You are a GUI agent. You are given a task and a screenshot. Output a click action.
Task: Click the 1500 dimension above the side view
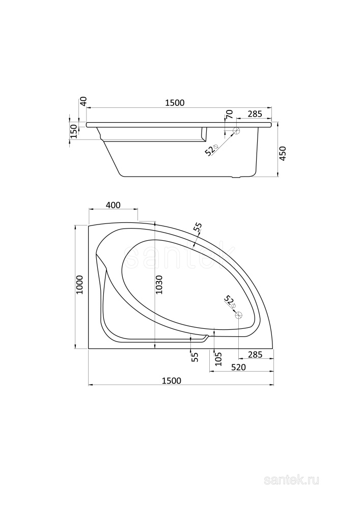[x=174, y=103]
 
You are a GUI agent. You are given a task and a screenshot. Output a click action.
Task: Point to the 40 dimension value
[x=84, y=101]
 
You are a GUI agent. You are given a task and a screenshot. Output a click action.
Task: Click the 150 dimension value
[x=73, y=131]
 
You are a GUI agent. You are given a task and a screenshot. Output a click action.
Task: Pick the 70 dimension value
[x=229, y=114]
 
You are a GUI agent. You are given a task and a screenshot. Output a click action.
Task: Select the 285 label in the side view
[x=255, y=114]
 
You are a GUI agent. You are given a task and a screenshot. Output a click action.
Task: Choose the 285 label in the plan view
[x=255, y=354]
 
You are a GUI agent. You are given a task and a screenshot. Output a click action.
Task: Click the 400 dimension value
[x=113, y=205]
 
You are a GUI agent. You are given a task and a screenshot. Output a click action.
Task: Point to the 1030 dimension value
[x=159, y=288]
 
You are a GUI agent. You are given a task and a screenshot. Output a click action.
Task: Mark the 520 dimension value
[x=239, y=367]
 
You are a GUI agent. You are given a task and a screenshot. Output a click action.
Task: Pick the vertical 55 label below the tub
[x=195, y=357]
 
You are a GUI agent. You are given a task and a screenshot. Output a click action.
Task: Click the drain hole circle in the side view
[x=236, y=131]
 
